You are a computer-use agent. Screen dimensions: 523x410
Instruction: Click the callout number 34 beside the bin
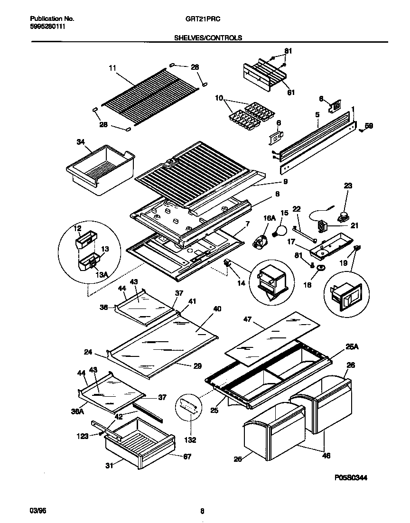point(81,141)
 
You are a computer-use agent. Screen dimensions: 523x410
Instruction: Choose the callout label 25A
point(352,347)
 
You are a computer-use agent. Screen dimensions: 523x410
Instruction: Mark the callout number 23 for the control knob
point(348,186)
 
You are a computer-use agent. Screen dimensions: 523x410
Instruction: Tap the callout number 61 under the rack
point(290,92)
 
